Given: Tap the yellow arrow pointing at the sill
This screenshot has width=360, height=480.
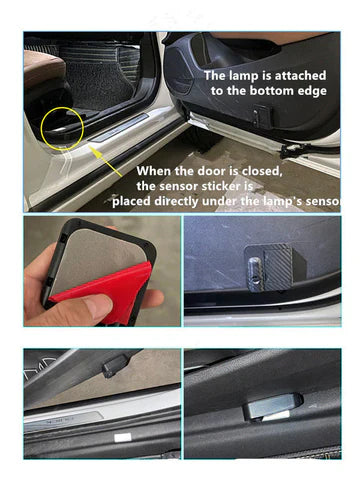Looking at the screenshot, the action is [x=106, y=162].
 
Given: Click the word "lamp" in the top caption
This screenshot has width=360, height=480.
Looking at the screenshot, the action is [x=244, y=76].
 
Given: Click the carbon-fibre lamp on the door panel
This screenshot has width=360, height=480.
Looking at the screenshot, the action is [x=273, y=267].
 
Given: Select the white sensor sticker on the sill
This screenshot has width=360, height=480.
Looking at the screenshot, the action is [x=122, y=438].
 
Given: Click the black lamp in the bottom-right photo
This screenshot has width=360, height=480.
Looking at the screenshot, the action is [x=273, y=406].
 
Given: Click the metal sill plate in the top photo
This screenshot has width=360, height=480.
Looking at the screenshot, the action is [x=121, y=128].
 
